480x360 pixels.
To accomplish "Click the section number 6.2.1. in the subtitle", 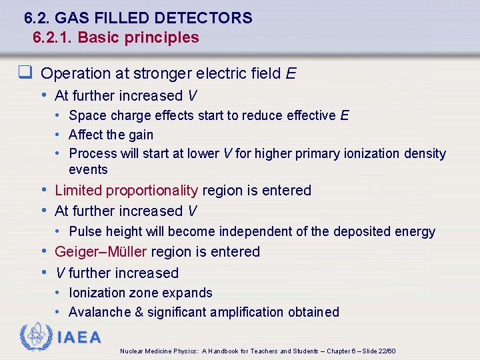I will click(x=53, y=37).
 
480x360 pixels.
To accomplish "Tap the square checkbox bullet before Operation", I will click(x=29, y=73).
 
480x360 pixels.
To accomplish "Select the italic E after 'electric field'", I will click(x=291, y=73).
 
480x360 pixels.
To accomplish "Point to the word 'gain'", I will click(x=141, y=135).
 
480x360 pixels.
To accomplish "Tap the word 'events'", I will click(x=88, y=169).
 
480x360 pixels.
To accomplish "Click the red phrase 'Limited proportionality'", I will click(x=126, y=191).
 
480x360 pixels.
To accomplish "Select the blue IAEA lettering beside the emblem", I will click(x=79, y=338).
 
